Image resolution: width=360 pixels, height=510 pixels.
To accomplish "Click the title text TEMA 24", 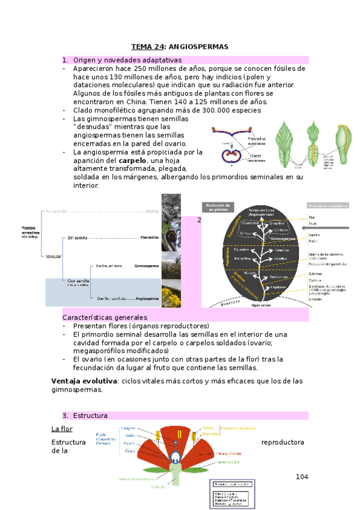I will pos(147,47).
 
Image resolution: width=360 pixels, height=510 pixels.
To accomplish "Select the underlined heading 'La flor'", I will pos(62,429).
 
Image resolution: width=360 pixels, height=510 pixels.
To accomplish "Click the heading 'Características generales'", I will pos(105,317).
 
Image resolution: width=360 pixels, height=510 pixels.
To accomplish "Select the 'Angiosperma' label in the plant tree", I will pos(147,298).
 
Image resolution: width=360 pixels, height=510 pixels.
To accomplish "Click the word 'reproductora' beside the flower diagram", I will pos(282,442).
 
